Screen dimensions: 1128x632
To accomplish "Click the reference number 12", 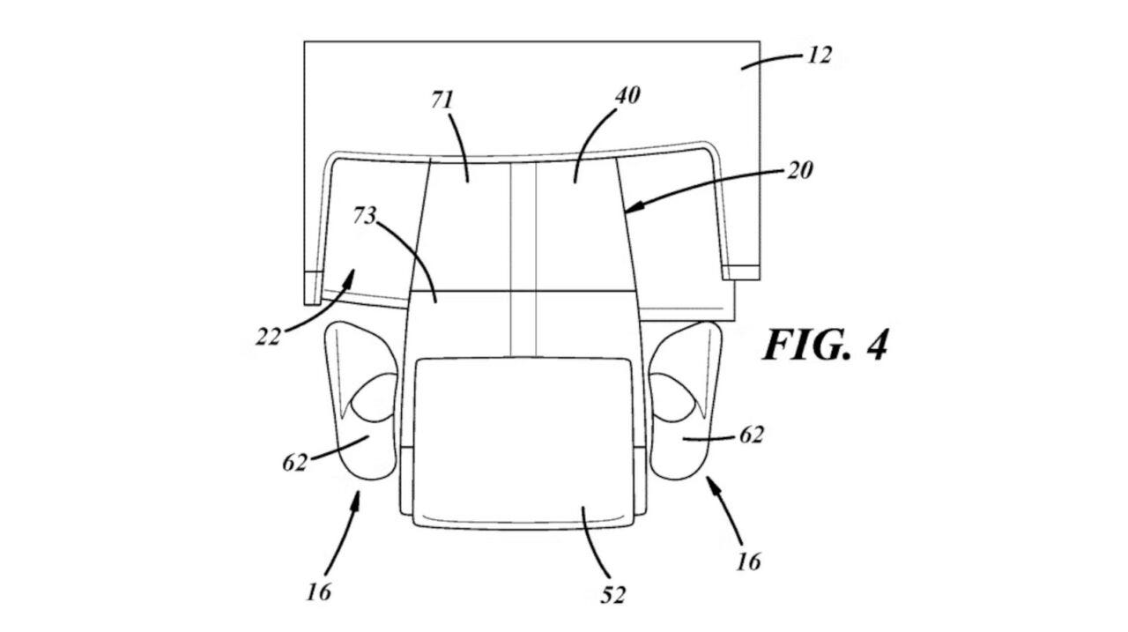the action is [820, 56].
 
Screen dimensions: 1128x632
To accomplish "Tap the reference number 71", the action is [442, 100].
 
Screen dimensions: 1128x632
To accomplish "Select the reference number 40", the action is [627, 95].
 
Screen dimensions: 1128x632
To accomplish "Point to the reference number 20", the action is [799, 171].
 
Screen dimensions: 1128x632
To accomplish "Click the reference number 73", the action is [365, 216].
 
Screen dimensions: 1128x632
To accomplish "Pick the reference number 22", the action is [268, 337].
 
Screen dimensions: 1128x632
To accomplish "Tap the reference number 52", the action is [612, 595].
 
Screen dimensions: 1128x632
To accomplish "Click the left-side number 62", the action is [294, 462].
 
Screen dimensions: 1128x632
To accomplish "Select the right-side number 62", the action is [752, 435].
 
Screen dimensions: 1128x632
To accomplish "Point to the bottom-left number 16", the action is [319, 592].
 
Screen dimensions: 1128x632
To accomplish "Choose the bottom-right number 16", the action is [749, 561].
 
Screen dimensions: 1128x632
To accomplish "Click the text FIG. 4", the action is [826, 345].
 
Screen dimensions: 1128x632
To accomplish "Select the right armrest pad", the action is [686, 400].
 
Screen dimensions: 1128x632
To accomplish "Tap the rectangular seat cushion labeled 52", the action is [523, 442].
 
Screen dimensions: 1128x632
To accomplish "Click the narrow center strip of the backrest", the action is [523, 259].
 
